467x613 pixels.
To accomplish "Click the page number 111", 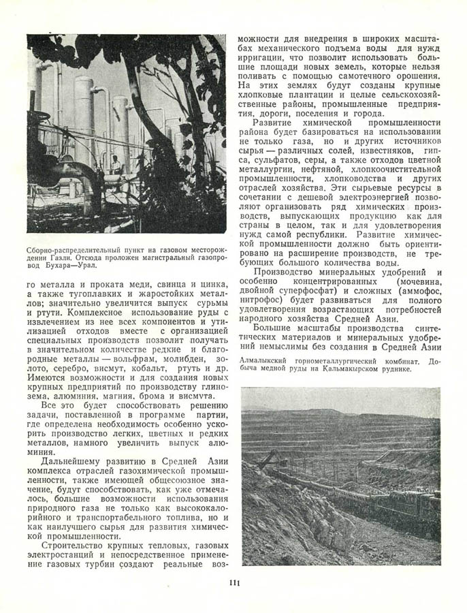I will coord(233,582).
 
